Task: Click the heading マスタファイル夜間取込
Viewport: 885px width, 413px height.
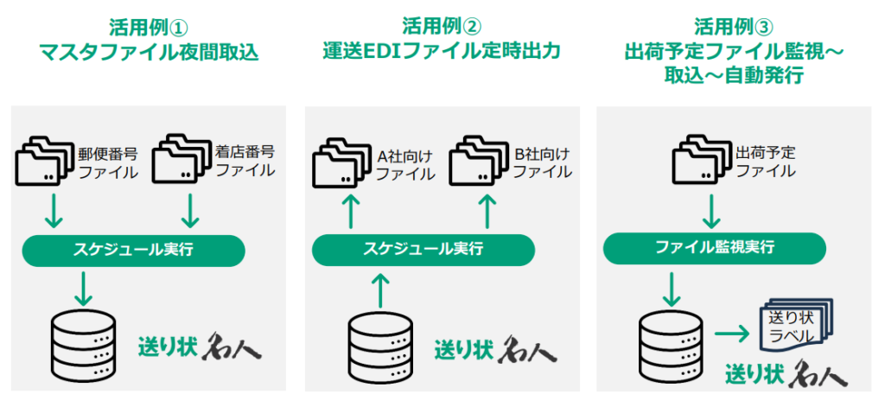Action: [x=149, y=52]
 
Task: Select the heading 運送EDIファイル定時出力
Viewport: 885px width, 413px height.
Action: [x=442, y=51]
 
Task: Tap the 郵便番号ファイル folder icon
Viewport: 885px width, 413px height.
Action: [x=45, y=162]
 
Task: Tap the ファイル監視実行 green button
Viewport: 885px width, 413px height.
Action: [x=715, y=249]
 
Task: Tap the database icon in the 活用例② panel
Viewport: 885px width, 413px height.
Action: [x=380, y=345]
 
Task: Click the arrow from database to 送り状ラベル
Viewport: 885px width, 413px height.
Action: [x=732, y=334]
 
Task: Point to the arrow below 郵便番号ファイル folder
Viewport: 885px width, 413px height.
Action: [x=53, y=210]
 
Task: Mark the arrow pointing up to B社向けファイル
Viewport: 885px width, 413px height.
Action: [x=488, y=211]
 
